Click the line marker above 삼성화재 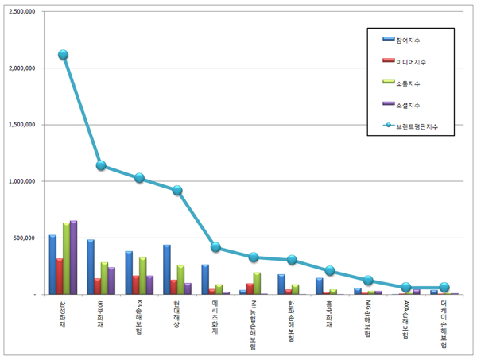pos(63,55)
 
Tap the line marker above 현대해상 pos(177,190)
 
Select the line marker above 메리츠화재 pos(215,247)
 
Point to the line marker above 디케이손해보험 pos(444,287)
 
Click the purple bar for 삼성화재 pos(73,257)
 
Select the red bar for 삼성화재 pos(59,276)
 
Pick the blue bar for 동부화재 pos(91,267)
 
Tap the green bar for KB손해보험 pos(142,276)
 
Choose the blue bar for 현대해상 pos(167,269)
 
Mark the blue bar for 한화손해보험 pos(281,284)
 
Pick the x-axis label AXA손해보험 pos(406,319)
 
